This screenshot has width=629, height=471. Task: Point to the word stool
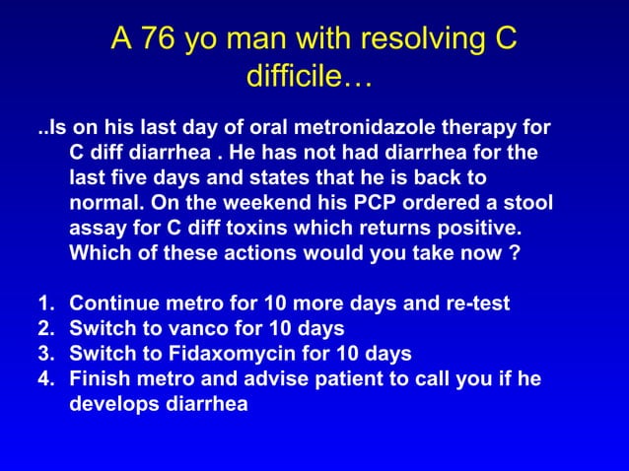point(524,203)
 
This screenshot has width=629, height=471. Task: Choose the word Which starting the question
point(102,252)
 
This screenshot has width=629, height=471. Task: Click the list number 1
point(43,303)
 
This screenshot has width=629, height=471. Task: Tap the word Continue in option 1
point(114,303)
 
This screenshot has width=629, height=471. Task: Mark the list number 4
point(43,378)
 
